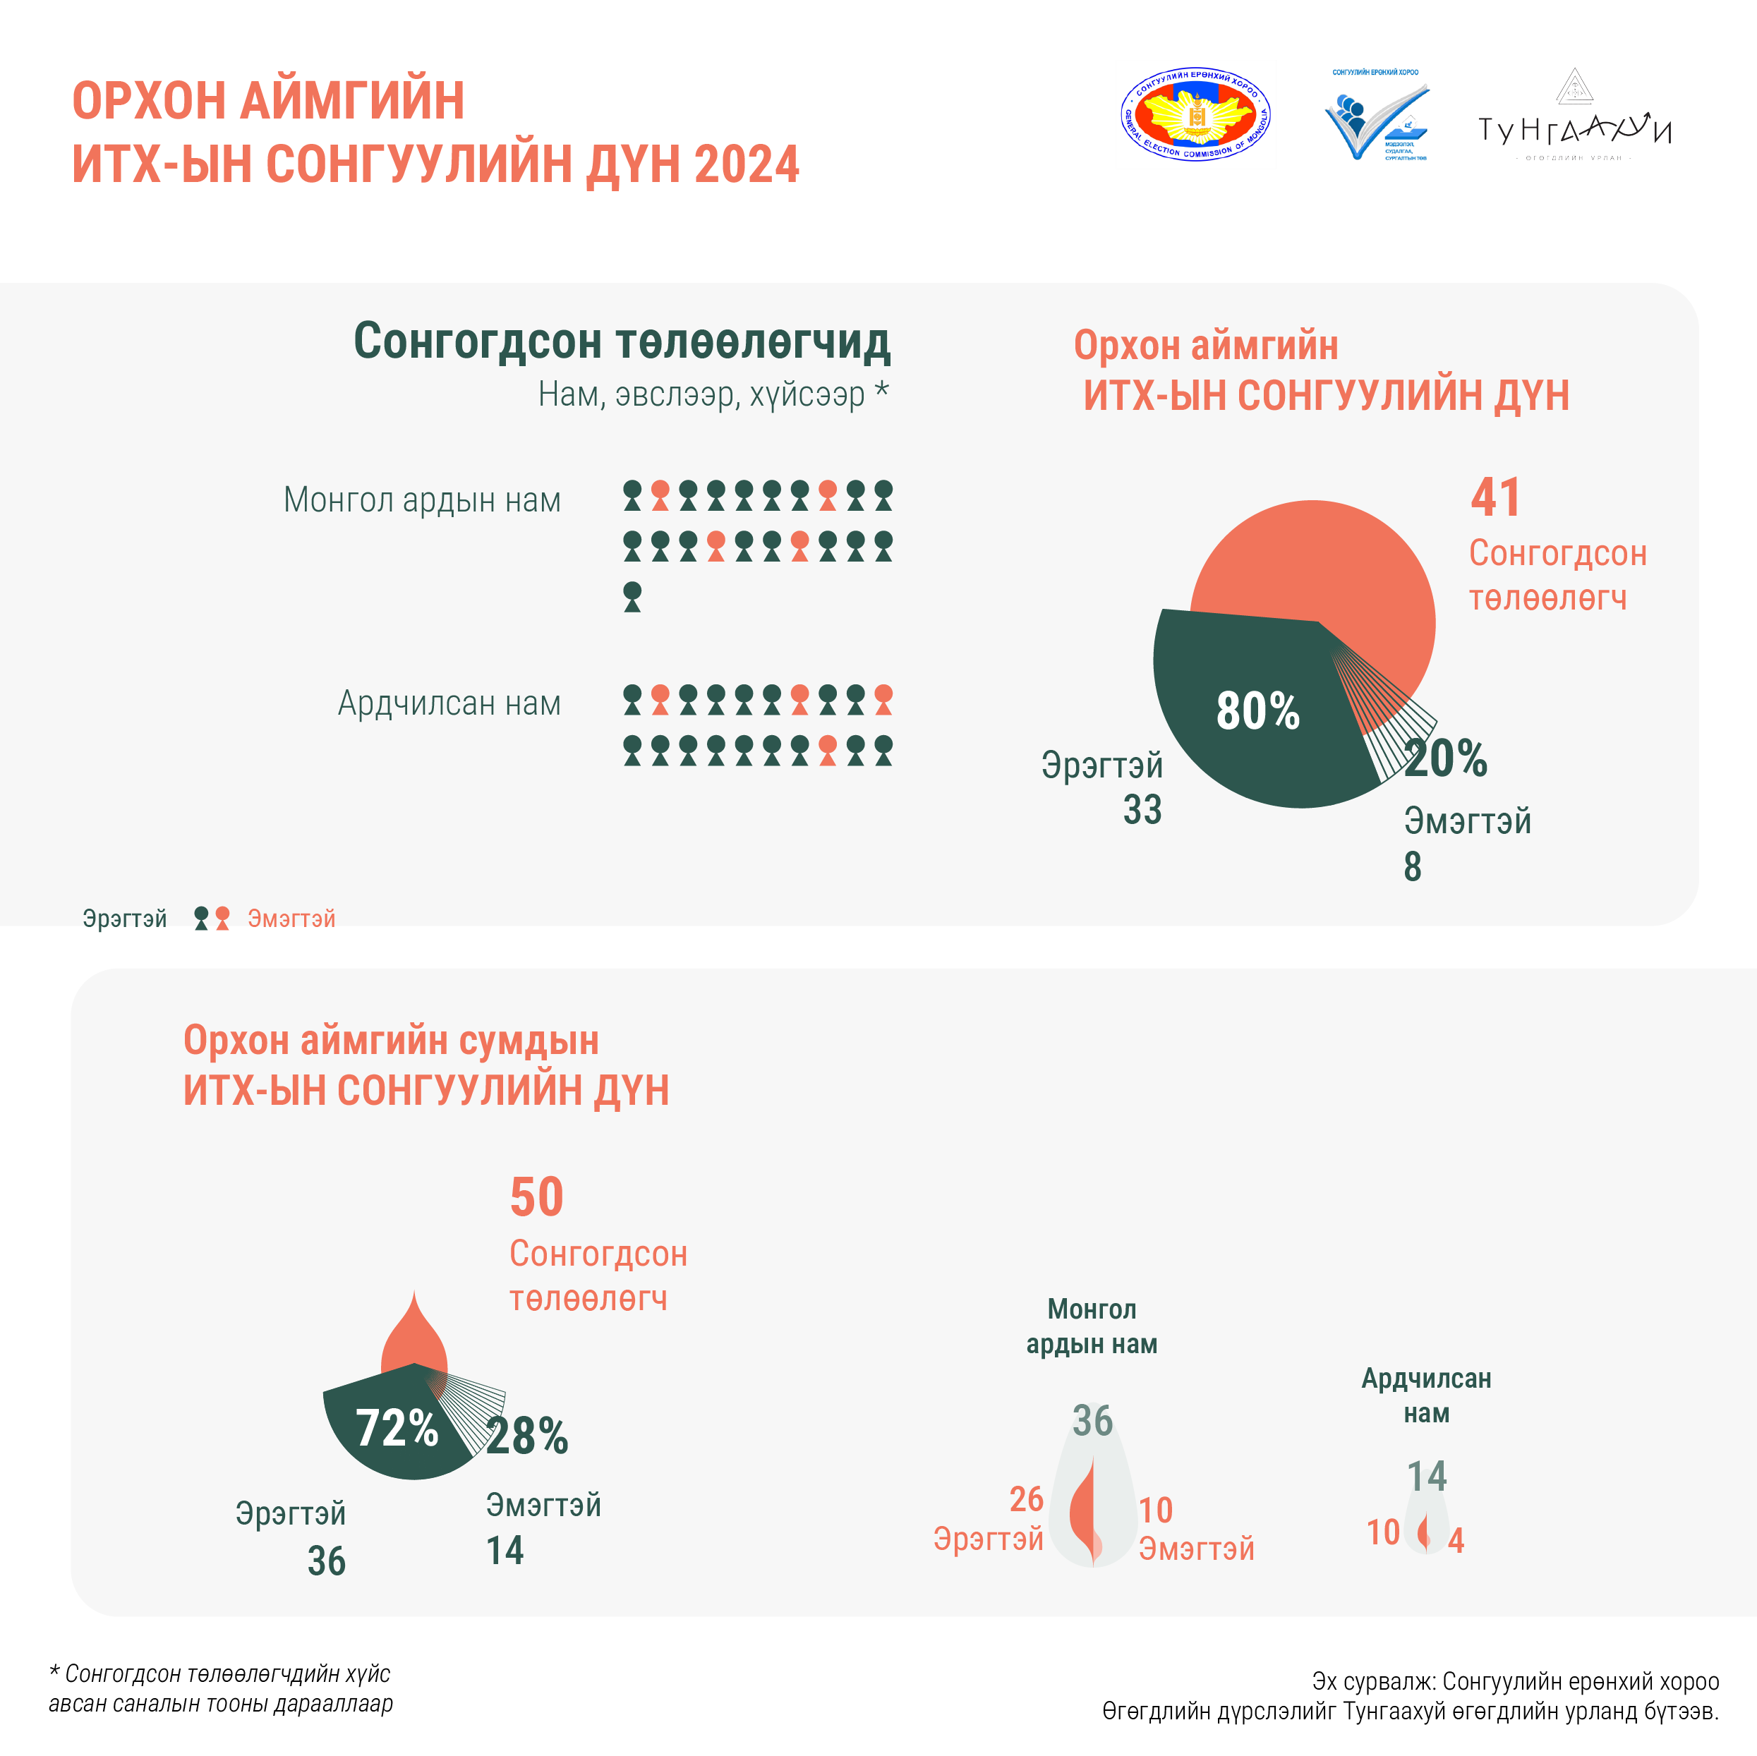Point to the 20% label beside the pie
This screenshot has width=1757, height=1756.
1445,758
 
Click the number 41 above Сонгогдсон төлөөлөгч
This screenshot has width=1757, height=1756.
1495,497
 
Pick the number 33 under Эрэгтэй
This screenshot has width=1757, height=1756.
1142,809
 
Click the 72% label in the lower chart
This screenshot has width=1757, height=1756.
397,1428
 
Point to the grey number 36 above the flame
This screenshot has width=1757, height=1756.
1092,1420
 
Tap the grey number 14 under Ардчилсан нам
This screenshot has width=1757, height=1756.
1426,1476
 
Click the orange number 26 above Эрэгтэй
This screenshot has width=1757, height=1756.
1026,1498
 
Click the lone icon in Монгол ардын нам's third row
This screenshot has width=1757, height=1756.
632,597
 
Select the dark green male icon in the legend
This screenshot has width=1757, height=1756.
202,918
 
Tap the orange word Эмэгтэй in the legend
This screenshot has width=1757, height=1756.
291,919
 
